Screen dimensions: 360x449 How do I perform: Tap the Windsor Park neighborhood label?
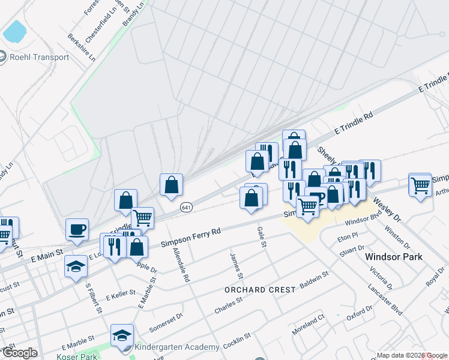pos(394,257)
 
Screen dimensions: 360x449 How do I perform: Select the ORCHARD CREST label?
pos(260,289)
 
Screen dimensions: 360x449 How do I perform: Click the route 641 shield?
pos(186,206)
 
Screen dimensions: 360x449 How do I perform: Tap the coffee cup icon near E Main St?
pos(77,229)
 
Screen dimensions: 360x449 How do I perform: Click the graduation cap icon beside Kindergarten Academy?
pos(122,335)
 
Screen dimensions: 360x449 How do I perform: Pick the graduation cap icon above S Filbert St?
pos(76,266)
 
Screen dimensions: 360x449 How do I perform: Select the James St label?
pos(236,266)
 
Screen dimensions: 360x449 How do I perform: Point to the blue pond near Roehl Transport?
pos(15,32)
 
